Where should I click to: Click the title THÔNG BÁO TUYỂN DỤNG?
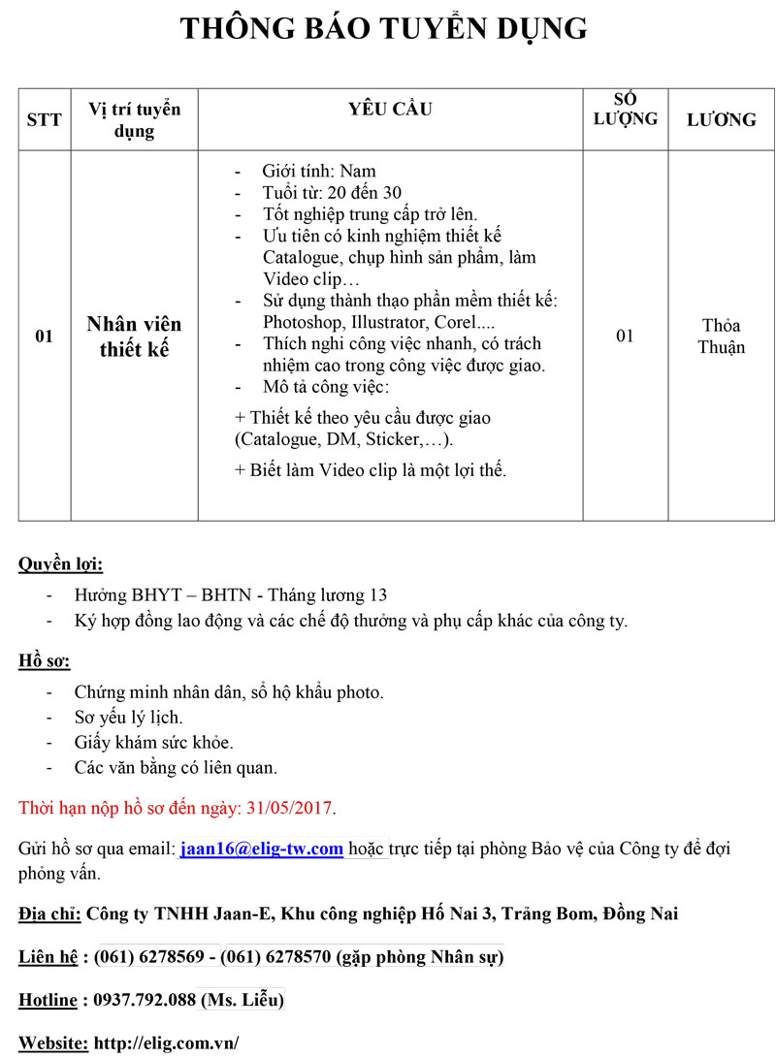(384, 28)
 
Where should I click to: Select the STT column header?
(44, 119)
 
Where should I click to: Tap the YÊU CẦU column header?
(390, 109)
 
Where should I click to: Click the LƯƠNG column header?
(721, 119)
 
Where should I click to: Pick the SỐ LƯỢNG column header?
(625, 109)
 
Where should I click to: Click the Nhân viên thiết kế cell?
(134, 337)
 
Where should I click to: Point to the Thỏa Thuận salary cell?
(721, 337)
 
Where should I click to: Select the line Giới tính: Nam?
(319, 171)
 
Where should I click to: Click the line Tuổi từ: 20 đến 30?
(332, 192)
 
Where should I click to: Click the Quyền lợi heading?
(61, 563)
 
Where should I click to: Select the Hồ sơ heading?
(45, 661)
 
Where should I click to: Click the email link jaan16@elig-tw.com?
(262, 849)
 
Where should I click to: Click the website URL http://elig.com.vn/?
(166, 1043)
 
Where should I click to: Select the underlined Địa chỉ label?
(49, 914)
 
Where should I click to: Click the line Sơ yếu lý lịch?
(128, 718)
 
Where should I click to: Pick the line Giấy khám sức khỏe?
(153, 743)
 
